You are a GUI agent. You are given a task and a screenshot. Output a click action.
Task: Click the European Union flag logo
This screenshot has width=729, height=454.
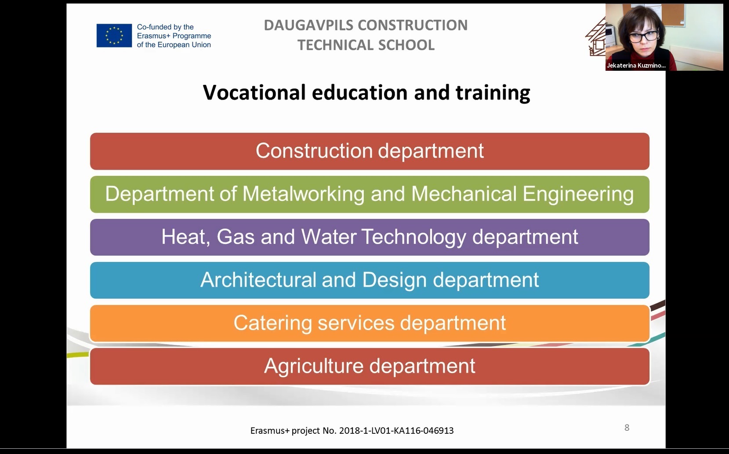[x=114, y=36]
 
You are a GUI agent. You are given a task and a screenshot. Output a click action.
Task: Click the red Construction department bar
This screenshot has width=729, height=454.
[x=370, y=151]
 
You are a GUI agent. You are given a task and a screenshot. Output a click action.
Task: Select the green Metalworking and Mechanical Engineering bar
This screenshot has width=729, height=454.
[x=370, y=194]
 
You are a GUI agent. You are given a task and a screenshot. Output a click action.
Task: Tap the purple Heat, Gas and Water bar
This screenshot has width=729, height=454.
[x=370, y=237]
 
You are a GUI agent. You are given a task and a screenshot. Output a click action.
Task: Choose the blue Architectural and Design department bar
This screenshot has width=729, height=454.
[x=370, y=280]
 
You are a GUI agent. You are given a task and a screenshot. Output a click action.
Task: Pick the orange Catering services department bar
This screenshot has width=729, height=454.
[x=370, y=323]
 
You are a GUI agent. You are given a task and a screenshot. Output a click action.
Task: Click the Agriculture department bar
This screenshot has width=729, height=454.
[x=370, y=366]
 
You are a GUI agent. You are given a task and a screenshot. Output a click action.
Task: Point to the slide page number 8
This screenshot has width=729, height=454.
[x=627, y=428]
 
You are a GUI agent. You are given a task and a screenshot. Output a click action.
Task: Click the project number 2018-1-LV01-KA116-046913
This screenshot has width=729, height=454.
[x=396, y=431]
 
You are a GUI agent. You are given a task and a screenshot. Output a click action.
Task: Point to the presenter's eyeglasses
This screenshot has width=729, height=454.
[x=643, y=36]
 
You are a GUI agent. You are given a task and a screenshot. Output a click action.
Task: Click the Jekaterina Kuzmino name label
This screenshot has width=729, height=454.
[x=636, y=65]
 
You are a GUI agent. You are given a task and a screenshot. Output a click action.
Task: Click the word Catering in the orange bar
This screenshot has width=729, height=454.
[x=272, y=323]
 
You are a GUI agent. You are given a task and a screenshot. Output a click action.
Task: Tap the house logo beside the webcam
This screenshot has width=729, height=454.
[x=596, y=37]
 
